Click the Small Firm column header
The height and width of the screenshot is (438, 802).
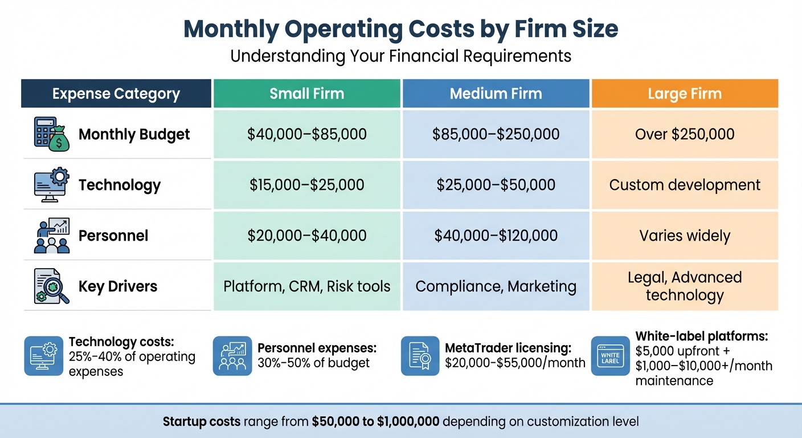pos(307,94)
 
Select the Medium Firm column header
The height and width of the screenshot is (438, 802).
pos(496,94)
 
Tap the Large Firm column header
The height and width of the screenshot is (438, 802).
pos(685,94)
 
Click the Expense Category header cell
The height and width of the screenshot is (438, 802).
pos(116,94)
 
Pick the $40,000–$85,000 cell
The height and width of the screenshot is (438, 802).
pos(307,135)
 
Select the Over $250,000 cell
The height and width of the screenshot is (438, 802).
pos(685,135)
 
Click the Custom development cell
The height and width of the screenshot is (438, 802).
pos(685,185)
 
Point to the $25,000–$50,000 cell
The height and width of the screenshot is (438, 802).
pos(496,185)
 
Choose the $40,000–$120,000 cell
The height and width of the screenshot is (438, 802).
pos(496,236)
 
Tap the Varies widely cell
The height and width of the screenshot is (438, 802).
pos(685,236)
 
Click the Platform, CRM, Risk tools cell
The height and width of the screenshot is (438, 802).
pos(307,286)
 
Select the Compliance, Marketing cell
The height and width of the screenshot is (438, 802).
pos(496,286)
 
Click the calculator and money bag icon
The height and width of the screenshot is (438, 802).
pos(52,134)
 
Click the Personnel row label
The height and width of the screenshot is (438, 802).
pos(113,236)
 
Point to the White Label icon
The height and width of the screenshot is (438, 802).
pos(610,356)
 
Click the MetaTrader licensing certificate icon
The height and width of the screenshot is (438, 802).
pos(420,356)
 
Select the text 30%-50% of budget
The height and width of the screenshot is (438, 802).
pos(314,363)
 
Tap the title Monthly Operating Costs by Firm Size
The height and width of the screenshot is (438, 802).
pos(400,29)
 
